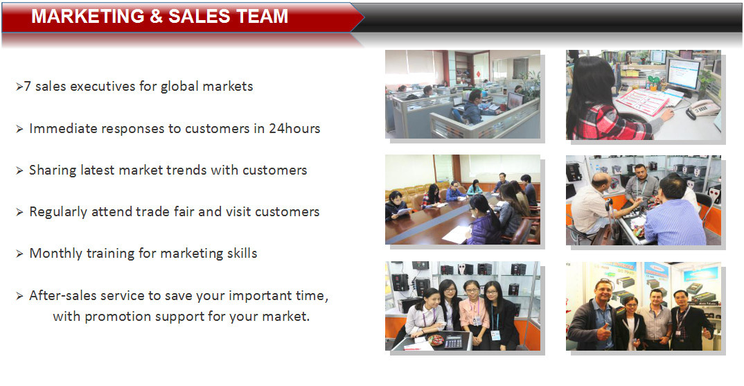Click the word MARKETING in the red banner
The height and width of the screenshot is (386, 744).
point(88,16)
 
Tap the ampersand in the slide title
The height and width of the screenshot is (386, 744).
point(156,16)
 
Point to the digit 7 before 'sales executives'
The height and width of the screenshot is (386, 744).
point(28,86)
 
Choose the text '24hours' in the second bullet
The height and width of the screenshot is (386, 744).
point(294,128)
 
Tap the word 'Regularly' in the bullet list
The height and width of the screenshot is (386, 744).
point(58,212)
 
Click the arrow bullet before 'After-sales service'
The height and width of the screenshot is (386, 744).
point(19,296)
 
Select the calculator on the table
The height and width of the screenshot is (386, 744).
point(453,341)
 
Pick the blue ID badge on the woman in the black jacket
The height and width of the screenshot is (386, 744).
point(495,335)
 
